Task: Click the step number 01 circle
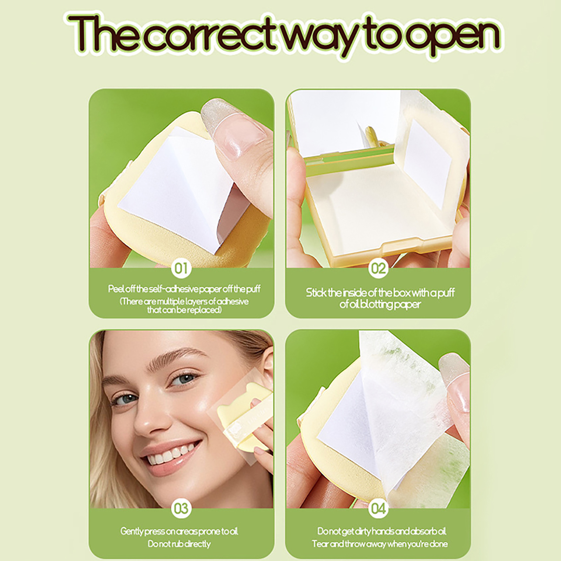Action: click(x=181, y=269)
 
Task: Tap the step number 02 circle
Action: click(x=378, y=269)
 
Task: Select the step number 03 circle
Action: click(x=181, y=508)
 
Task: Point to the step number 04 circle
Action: click(x=378, y=508)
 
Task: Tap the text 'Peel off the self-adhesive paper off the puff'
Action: click(x=184, y=289)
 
